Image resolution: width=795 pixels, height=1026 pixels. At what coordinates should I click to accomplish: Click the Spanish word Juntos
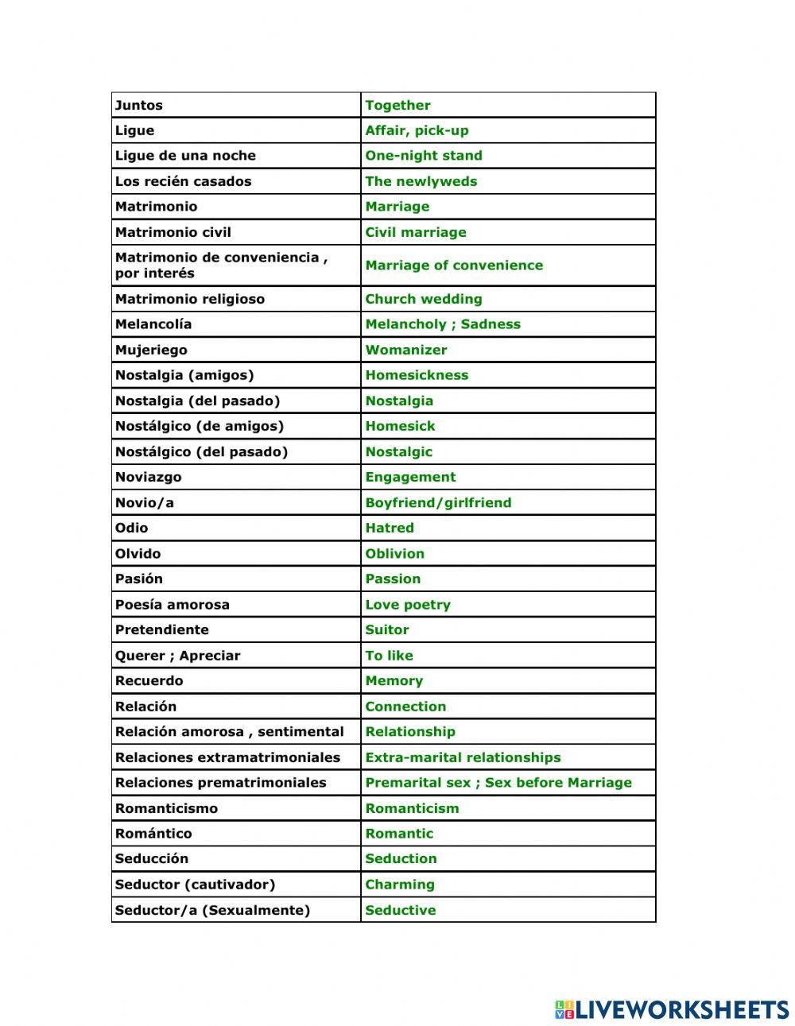[x=139, y=105]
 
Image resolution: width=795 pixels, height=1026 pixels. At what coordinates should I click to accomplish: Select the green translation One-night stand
[x=423, y=156]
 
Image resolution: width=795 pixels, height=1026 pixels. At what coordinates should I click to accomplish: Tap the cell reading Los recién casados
[x=183, y=181]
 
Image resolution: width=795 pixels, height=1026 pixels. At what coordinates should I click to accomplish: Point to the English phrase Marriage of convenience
[x=454, y=265]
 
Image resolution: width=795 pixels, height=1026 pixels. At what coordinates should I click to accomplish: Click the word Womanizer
[x=405, y=350]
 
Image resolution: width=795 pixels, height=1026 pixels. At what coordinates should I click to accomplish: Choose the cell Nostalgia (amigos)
[x=184, y=375]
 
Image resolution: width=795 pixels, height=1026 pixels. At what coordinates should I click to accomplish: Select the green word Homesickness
[x=417, y=375]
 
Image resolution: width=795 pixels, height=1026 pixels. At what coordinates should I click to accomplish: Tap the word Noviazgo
[x=148, y=477]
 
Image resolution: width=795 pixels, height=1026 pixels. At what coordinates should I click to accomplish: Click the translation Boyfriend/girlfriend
[x=438, y=502]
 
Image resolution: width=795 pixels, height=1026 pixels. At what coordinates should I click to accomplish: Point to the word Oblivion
[x=394, y=553]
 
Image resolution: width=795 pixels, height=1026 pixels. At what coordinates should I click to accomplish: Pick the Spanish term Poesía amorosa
[x=172, y=605]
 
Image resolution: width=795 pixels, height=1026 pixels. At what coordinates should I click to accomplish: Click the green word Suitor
[x=386, y=629]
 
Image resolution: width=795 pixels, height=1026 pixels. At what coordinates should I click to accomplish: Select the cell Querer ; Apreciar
[x=177, y=656]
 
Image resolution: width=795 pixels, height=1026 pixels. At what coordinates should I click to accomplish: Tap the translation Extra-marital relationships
[x=463, y=757]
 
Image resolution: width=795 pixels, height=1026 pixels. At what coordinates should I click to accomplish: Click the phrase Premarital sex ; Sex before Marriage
[x=498, y=783]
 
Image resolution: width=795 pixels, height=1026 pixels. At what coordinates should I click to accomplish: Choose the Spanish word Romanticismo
[x=166, y=808]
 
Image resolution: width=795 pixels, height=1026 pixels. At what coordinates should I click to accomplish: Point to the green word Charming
[x=399, y=885]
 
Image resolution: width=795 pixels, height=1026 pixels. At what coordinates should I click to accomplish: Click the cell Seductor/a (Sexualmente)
[x=212, y=910]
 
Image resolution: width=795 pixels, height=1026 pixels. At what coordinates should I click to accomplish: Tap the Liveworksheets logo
[x=672, y=1009]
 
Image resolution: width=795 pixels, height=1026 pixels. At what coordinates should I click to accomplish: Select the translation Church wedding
[x=423, y=299]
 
